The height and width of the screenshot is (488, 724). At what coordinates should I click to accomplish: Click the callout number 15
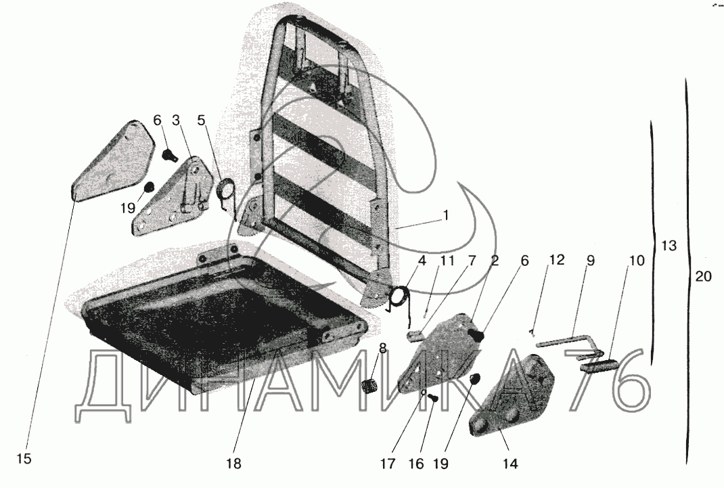24,459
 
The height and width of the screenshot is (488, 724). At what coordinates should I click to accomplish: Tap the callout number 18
233,464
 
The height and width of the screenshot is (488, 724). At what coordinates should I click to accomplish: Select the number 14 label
510,464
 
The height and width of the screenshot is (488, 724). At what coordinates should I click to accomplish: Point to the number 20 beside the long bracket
702,275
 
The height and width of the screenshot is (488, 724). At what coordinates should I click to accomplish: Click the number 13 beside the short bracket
667,246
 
